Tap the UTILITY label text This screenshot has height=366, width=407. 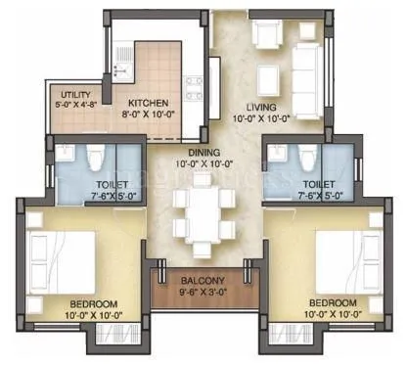pos(72,94)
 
